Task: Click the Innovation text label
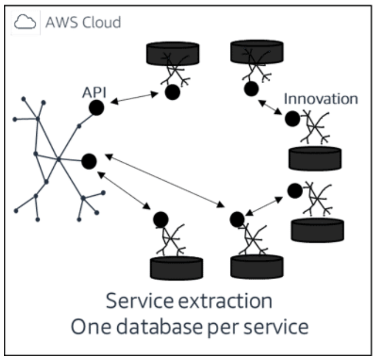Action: tap(321, 99)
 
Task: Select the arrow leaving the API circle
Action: tap(134, 98)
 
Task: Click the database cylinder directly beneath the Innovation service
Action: tap(314, 158)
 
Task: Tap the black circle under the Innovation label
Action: tap(292, 119)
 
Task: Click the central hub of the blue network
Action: tap(58, 160)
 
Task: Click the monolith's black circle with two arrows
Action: tap(88, 161)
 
